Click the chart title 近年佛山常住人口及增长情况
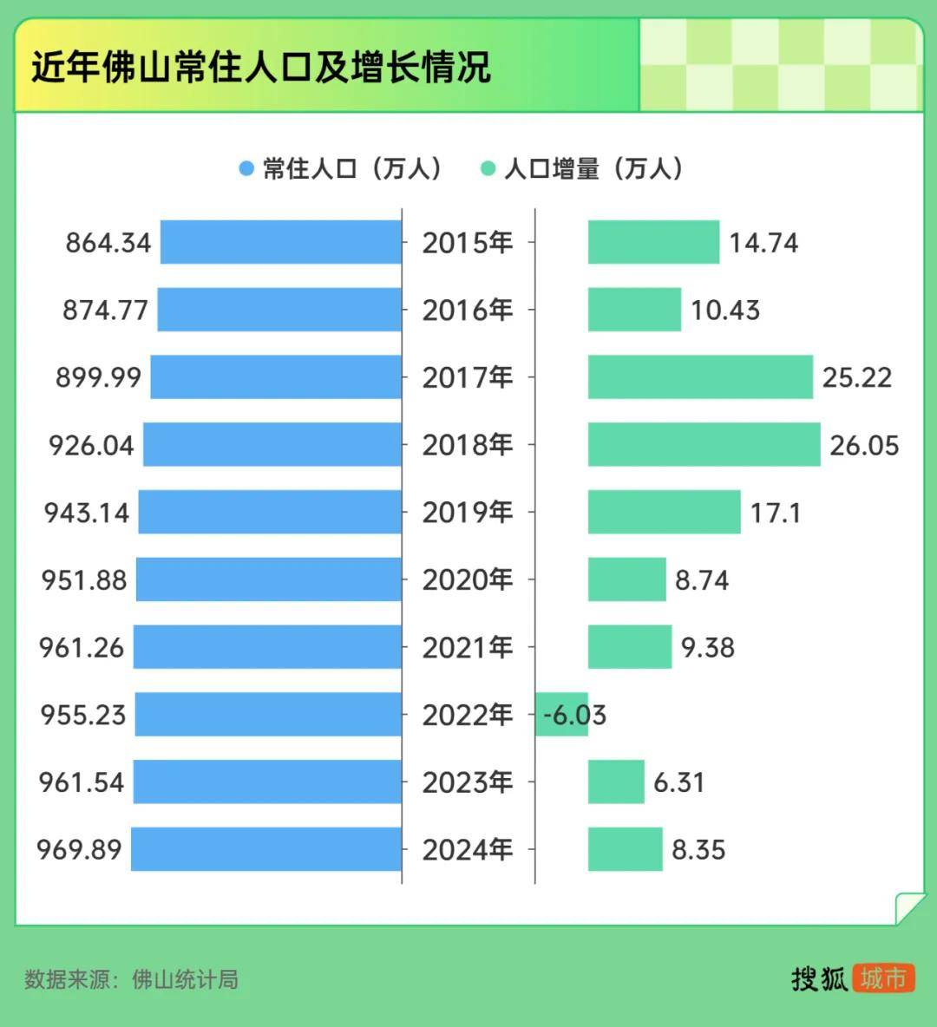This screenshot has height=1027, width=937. (x=261, y=67)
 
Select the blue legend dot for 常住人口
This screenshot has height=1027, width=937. (x=246, y=168)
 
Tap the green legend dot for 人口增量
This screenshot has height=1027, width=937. (x=488, y=168)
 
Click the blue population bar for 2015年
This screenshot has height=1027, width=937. (x=281, y=242)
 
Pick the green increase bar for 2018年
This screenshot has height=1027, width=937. (x=704, y=445)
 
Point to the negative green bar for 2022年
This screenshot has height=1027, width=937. (x=561, y=715)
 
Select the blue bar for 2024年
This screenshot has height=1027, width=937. (x=266, y=849)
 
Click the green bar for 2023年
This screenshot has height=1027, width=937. (x=616, y=782)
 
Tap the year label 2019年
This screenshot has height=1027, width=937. (x=468, y=513)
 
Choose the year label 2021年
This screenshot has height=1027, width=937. (x=468, y=648)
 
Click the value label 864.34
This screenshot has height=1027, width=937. (x=108, y=243)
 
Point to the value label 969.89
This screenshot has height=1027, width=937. (x=79, y=849)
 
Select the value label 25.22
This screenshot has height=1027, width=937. (x=857, y=377)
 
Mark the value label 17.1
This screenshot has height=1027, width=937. (x=776, y=513)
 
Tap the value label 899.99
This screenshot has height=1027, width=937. (x=98, y=377)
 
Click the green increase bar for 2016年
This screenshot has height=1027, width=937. (x=634, y=310)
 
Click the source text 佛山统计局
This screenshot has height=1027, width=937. (x=185, y=979)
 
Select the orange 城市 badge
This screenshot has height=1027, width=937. (x=883, y=978)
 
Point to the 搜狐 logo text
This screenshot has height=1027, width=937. (x=819, y=978)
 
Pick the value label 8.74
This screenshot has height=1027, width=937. (x=702, y=580)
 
